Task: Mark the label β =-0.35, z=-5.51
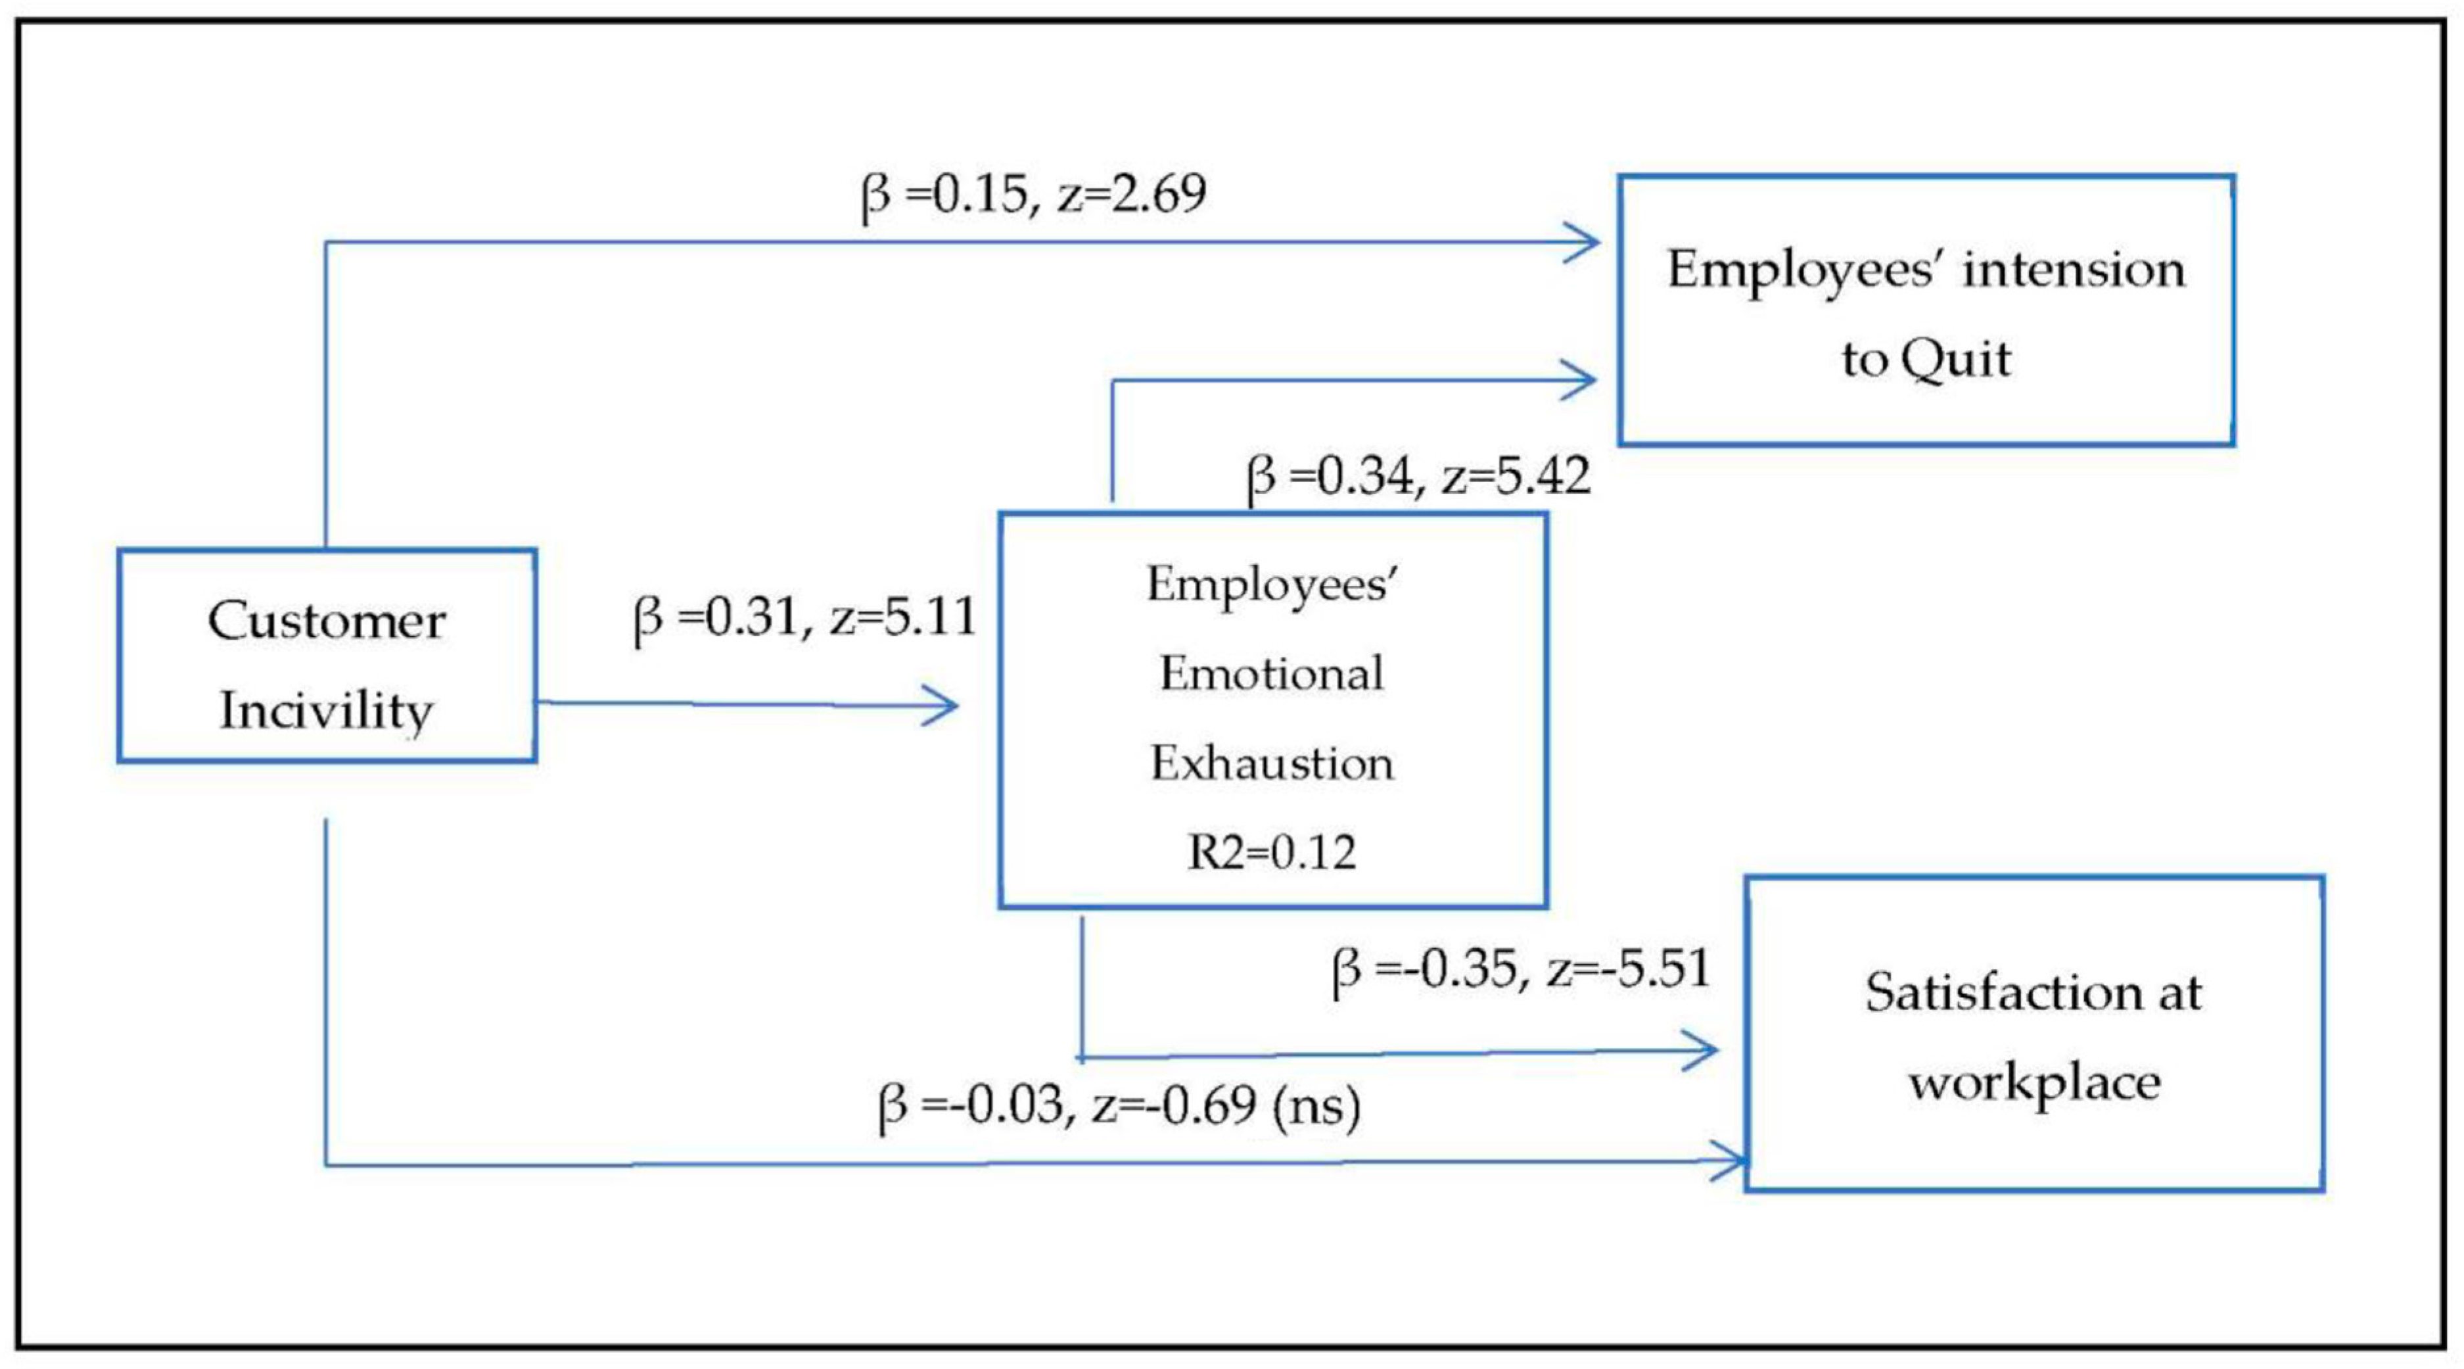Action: [x=1521, y=970]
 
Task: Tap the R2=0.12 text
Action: [x=1271, y=852]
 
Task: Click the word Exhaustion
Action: [x=1271, y=764]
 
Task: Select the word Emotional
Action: [x=1271, y=675]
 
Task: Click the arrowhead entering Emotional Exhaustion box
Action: [x=942, y=707]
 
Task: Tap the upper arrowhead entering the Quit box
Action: [x=1583, y=242]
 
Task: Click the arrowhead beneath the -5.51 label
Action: [x=1702, y=1051]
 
